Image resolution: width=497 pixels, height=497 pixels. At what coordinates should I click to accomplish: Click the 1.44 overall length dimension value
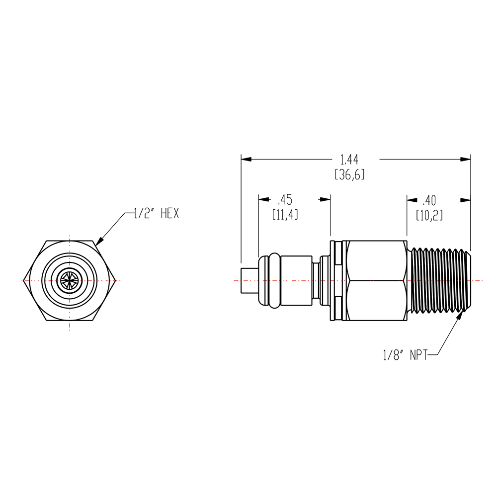tap(349, 160)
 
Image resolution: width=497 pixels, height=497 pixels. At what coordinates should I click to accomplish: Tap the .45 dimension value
tap(285, 200)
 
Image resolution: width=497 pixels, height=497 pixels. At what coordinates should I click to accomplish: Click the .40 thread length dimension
tap(429, 200)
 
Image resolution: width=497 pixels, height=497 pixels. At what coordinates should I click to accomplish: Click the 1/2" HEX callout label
tap(156, 213)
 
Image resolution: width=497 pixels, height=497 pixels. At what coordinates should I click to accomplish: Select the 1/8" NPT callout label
tap(406, 355)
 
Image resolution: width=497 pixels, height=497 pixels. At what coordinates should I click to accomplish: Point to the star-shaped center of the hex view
tap(70, 280)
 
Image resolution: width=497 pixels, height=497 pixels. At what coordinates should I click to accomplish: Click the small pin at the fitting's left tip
tap(250, 281)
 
